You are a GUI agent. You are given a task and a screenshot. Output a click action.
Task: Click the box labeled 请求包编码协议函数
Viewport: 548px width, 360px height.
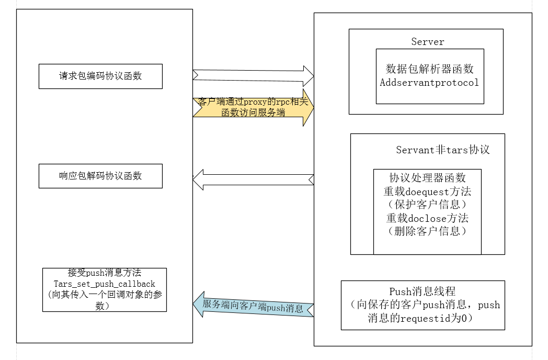100,76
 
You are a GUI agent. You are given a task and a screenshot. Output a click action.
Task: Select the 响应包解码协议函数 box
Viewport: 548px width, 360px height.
100,176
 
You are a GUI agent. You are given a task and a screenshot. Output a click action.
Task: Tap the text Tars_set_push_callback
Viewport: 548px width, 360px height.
105,284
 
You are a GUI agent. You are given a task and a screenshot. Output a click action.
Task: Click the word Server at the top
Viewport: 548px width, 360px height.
427,42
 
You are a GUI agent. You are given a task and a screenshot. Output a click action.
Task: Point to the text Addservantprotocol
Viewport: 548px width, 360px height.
429,83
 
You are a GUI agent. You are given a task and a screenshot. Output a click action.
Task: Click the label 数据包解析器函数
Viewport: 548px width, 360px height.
429,69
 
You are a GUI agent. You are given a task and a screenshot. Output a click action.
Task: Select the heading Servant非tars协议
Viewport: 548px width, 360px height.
443,150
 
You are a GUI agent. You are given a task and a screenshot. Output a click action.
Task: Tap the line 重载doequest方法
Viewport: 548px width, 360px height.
427,192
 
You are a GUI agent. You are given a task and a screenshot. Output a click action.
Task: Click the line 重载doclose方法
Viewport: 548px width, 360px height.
427,218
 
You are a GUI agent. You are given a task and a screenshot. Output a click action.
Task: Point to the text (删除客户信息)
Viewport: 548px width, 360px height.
427,231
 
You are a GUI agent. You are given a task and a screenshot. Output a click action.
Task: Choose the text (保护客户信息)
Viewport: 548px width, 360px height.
427,205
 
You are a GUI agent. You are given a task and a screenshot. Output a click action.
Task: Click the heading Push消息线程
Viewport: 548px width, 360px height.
423,291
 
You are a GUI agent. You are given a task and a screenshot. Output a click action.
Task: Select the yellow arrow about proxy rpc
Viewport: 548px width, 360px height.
254,107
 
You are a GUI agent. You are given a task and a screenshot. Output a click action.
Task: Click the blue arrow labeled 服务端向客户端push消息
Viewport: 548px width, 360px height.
254,305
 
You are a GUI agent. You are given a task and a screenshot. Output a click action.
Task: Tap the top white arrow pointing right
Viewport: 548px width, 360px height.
254,76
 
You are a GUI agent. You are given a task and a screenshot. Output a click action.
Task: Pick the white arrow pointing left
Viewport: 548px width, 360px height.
254,180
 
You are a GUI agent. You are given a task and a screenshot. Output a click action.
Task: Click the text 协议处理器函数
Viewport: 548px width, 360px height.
427,178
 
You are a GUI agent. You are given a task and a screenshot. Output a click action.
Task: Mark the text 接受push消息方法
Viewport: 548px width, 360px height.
105,273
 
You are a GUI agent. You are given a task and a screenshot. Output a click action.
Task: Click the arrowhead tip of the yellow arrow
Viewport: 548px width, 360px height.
314,107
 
